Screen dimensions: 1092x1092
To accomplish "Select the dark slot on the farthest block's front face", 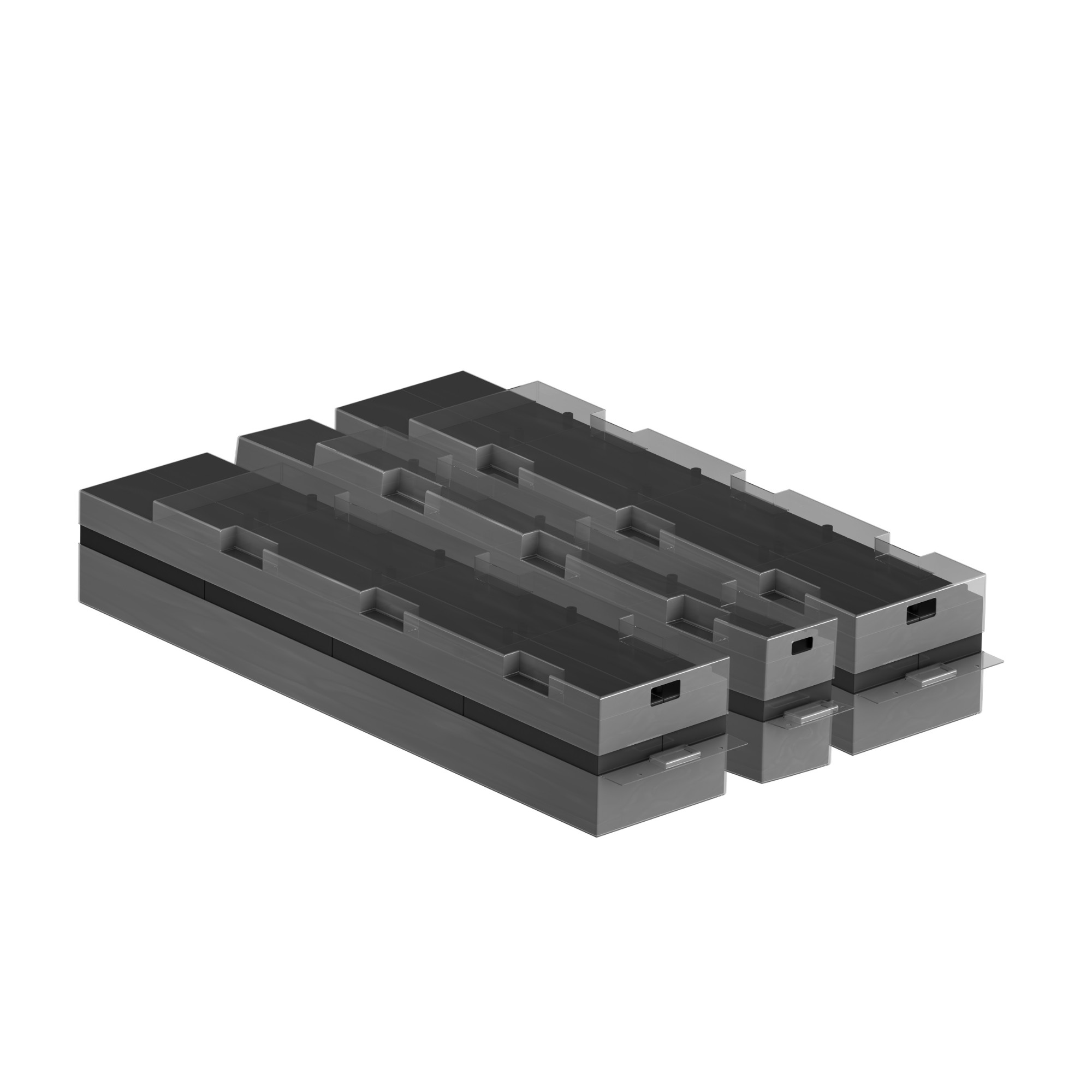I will pyautogui.click(x=921, y=612).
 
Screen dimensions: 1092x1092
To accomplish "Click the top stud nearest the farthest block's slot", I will pyautogui.click(x=826, y=528).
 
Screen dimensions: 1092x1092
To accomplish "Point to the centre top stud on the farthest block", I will pyautogui.click(x=697, y=471).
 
